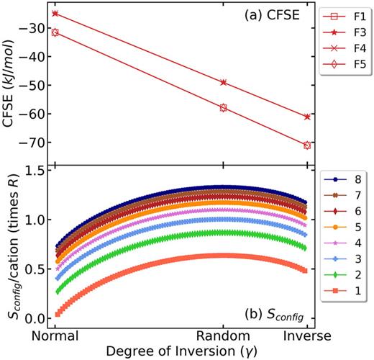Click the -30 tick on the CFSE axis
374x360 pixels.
(34, 28)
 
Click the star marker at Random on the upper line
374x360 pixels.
(223, 82)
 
